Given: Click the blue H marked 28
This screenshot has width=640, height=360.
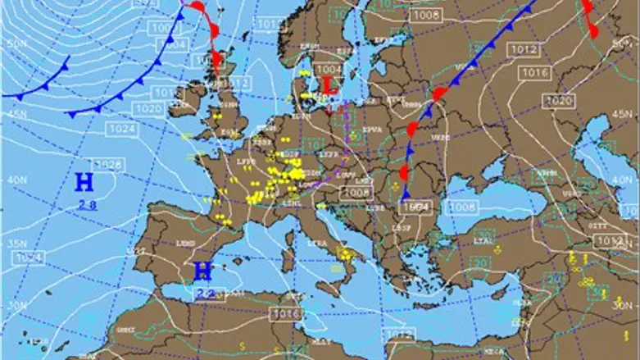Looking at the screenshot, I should tap(83, 182).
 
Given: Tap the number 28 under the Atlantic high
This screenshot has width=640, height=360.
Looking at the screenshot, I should tap(84, 207).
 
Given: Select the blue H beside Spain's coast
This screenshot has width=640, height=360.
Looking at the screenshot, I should tap(203, 271).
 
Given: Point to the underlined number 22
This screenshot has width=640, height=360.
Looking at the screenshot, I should tap(204, 294).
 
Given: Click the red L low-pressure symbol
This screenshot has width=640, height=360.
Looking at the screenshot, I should tap(328, 85).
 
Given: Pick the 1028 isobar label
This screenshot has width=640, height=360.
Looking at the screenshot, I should tap(108, 165).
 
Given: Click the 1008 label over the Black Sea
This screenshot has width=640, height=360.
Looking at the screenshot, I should tap(462, 207).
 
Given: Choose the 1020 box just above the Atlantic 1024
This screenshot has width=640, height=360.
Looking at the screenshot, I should tap(148, 108).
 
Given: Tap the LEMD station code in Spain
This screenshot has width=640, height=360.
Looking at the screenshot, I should tap(184, 244).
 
